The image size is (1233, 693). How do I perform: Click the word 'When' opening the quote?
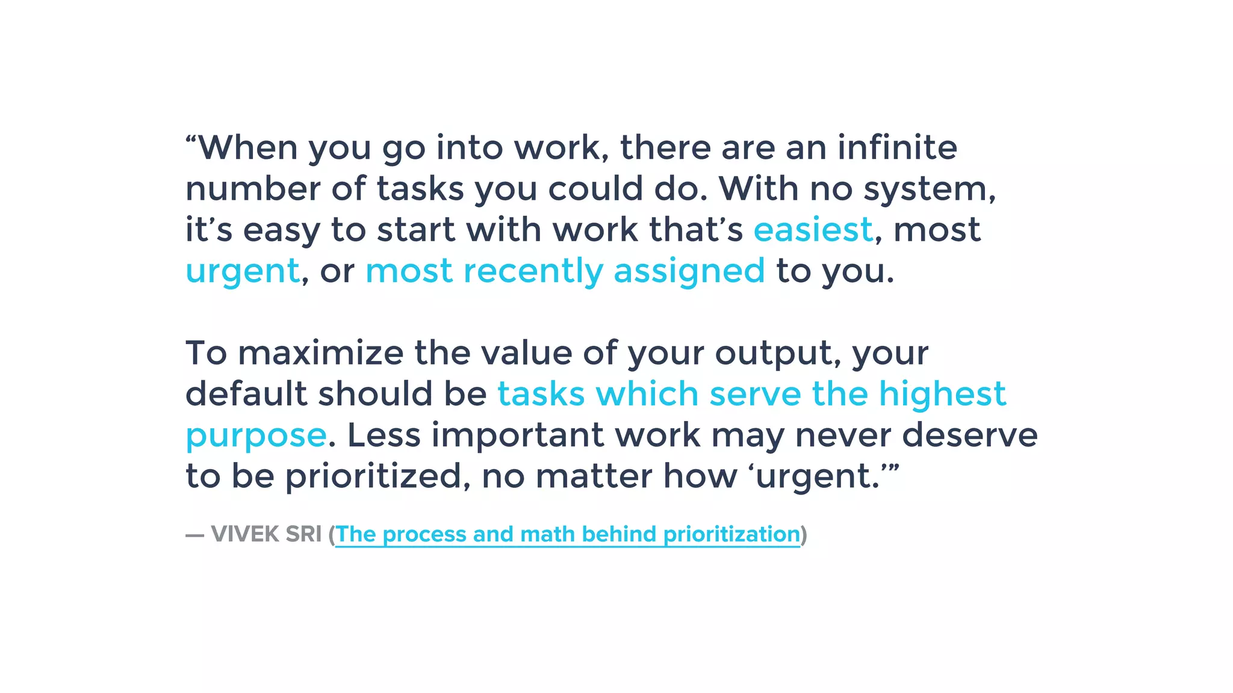(x=247, y=147)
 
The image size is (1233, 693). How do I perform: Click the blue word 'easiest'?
(x=813, y=229)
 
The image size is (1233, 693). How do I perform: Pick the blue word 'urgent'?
(x=243, y=271)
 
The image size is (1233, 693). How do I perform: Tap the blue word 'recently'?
(x=533, y=271)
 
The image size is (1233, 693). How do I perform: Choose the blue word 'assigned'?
(x=689, y=271)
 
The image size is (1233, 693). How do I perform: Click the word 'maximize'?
(x=321, y=353)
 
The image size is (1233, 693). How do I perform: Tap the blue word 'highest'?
(x=942, y=395)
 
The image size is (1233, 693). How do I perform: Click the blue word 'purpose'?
(x=256, y=436)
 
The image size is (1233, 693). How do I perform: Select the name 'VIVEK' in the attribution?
(x=244, y=534)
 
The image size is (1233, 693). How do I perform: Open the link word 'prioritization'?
(x=731, y=534)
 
